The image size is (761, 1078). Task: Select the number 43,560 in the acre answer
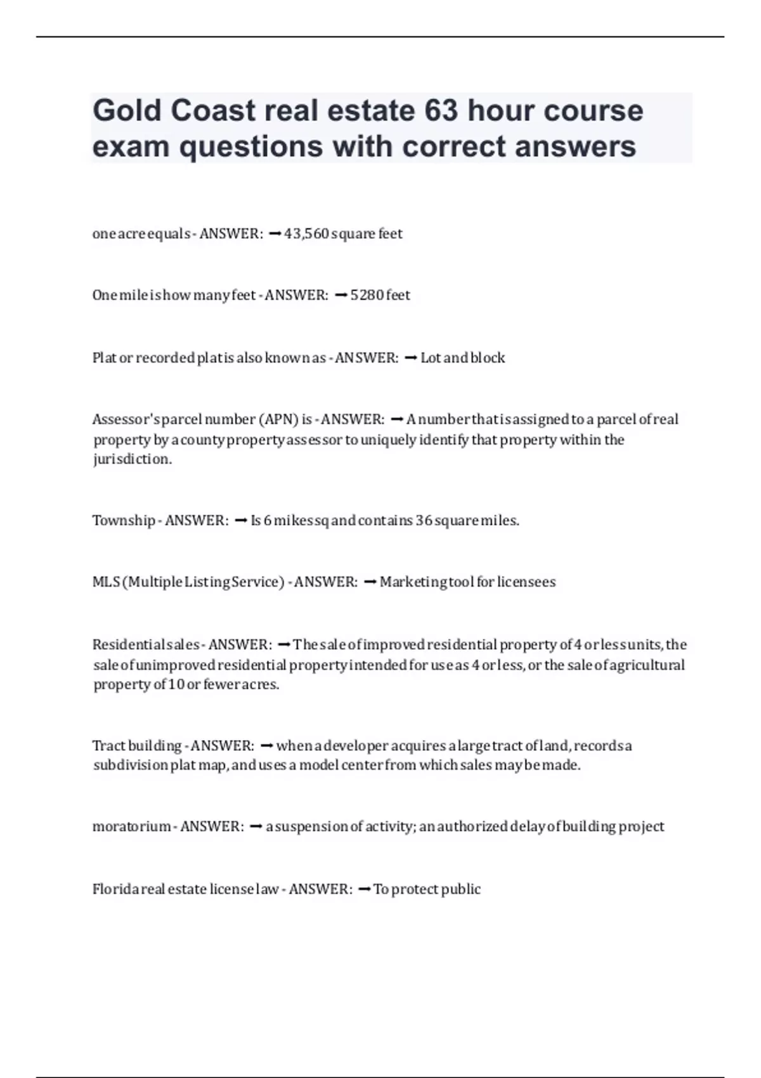click(x=306, y=234)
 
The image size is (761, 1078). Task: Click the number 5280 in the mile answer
click(x=367, y=295)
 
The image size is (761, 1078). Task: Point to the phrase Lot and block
click(x=462, y=358)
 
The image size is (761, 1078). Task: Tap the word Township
click(x=124, y=521)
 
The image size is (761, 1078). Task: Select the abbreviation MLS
click(x=106, y=582)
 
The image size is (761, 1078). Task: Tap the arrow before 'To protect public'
click(x=364, y=889)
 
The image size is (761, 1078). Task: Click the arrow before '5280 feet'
click(x=341, y=295)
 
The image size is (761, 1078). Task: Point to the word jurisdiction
click(x=132, y=459)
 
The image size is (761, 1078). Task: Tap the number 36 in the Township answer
click(x=424, y=521)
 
